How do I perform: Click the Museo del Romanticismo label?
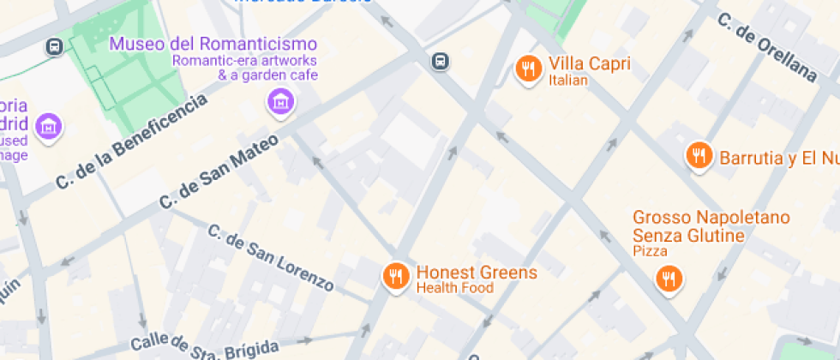[213, 45]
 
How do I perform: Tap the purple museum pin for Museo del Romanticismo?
[279, 104]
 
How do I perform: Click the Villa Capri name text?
[590, 64]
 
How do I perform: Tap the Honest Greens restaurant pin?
[395, 276]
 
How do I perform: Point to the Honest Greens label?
[477, 273]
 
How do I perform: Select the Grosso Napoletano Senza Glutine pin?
[668, 278]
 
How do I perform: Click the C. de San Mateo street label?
[219, 171]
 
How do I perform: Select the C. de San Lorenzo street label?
[269, 258]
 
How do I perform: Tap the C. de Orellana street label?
[766, 47]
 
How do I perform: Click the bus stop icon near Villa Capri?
[441, 61]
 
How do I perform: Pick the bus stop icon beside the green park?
[54, 46]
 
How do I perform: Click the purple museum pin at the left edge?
[50, 127]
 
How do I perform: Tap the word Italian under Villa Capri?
[568, 81]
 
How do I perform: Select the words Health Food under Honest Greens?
[454, 288]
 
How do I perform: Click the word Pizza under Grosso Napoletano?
[650, 251]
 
